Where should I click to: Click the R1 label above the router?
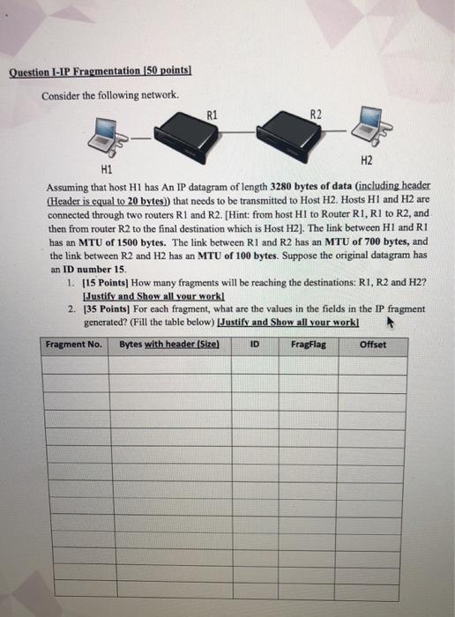[210, 113]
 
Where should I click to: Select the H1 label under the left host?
[108, 167]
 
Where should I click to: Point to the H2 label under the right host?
[369, 160]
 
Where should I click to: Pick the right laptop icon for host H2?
[364, 129]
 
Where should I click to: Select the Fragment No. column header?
[74, 345]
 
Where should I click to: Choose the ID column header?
[255, 345]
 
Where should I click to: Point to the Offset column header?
[373, 345]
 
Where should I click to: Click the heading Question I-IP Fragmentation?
[101, 72]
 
